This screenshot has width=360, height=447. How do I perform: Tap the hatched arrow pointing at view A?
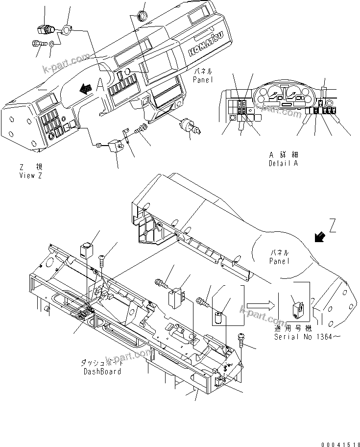pos(86,88)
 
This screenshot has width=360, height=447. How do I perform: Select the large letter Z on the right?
pos(333,226)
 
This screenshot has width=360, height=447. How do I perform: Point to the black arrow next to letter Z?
pos(320,237)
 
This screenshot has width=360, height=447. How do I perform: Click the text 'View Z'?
pos(30,175)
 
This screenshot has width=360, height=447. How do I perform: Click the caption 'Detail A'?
pos(283,164)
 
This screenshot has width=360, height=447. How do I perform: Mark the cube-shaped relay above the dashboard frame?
pos(86,250)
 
